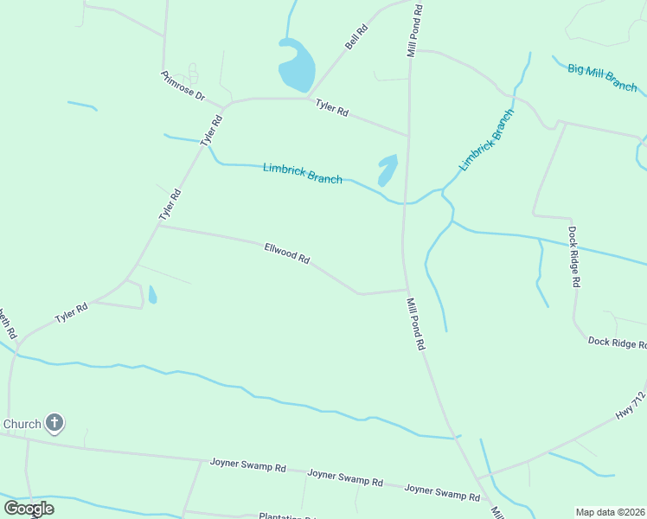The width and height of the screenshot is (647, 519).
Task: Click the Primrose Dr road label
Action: (x=183, y=85)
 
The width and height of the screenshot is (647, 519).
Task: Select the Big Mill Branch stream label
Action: (x=603, y=76)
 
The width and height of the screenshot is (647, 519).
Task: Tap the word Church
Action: (x=22, y=424)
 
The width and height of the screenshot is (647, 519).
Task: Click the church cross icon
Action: (x=54, y=423)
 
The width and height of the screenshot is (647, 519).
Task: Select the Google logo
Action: (x=29, y=508)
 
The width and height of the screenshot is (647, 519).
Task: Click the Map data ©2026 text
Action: (x=610, y=512)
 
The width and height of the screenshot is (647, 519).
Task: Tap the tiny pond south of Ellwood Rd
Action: (x=153, y=295)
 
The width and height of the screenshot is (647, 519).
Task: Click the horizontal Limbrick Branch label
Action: (x=302, y=173)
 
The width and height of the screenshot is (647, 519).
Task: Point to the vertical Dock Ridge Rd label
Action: (x=573, y=256)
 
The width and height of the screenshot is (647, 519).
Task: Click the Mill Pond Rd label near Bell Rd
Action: (x=415, y=30)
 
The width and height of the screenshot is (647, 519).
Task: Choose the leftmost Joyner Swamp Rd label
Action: (x=247, y=465)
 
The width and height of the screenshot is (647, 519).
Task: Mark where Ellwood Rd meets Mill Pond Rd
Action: (x=407, y=290)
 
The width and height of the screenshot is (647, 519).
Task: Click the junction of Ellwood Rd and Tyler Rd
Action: (x=158, y=227)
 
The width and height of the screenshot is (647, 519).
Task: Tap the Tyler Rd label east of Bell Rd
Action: (x=331, y=108)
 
